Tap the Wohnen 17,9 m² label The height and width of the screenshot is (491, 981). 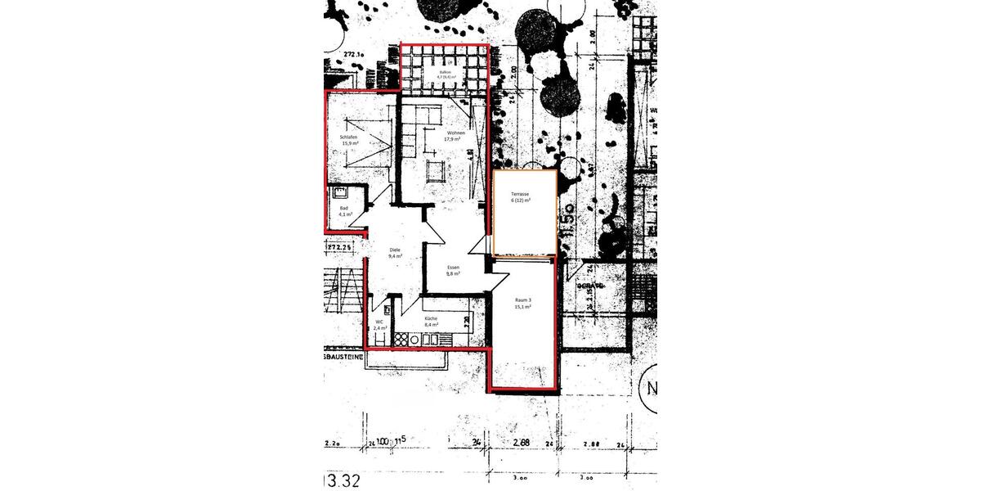455,136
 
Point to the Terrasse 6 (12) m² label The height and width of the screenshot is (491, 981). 520,197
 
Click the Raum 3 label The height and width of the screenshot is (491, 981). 523,304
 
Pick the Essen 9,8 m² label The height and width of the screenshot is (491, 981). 453,271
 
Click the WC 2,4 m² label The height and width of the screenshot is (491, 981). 380,325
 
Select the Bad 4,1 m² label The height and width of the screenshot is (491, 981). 344,210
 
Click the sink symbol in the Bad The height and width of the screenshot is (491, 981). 340,193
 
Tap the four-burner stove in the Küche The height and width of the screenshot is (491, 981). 403,337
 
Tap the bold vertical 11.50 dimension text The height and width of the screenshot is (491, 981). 565,221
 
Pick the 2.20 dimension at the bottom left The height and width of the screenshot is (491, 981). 333,443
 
